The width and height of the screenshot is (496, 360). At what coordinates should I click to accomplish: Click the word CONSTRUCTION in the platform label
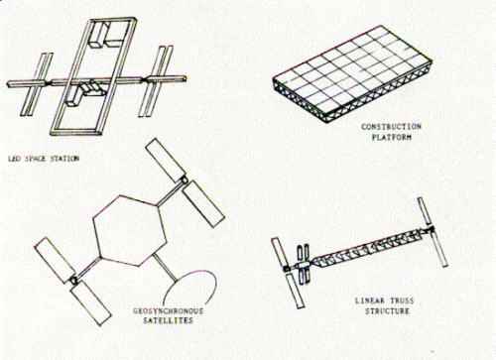391,127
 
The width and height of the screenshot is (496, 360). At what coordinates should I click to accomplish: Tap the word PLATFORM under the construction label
392,137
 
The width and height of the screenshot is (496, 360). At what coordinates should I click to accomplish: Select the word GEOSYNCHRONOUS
168,311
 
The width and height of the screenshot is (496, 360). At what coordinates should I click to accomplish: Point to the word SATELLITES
168,320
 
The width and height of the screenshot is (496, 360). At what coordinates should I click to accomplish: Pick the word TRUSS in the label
402,300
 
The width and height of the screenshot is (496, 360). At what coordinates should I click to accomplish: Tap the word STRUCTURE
387,311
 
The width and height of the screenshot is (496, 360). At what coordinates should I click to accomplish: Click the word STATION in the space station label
64,159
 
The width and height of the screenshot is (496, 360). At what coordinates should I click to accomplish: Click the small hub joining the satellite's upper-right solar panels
184,180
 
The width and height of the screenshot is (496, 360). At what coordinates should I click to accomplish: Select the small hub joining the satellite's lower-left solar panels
74,281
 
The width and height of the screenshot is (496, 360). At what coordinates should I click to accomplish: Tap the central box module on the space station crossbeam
92,88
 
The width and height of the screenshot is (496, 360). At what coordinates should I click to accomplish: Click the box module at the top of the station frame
100,35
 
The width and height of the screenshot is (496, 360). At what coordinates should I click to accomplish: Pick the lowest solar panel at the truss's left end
295,291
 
